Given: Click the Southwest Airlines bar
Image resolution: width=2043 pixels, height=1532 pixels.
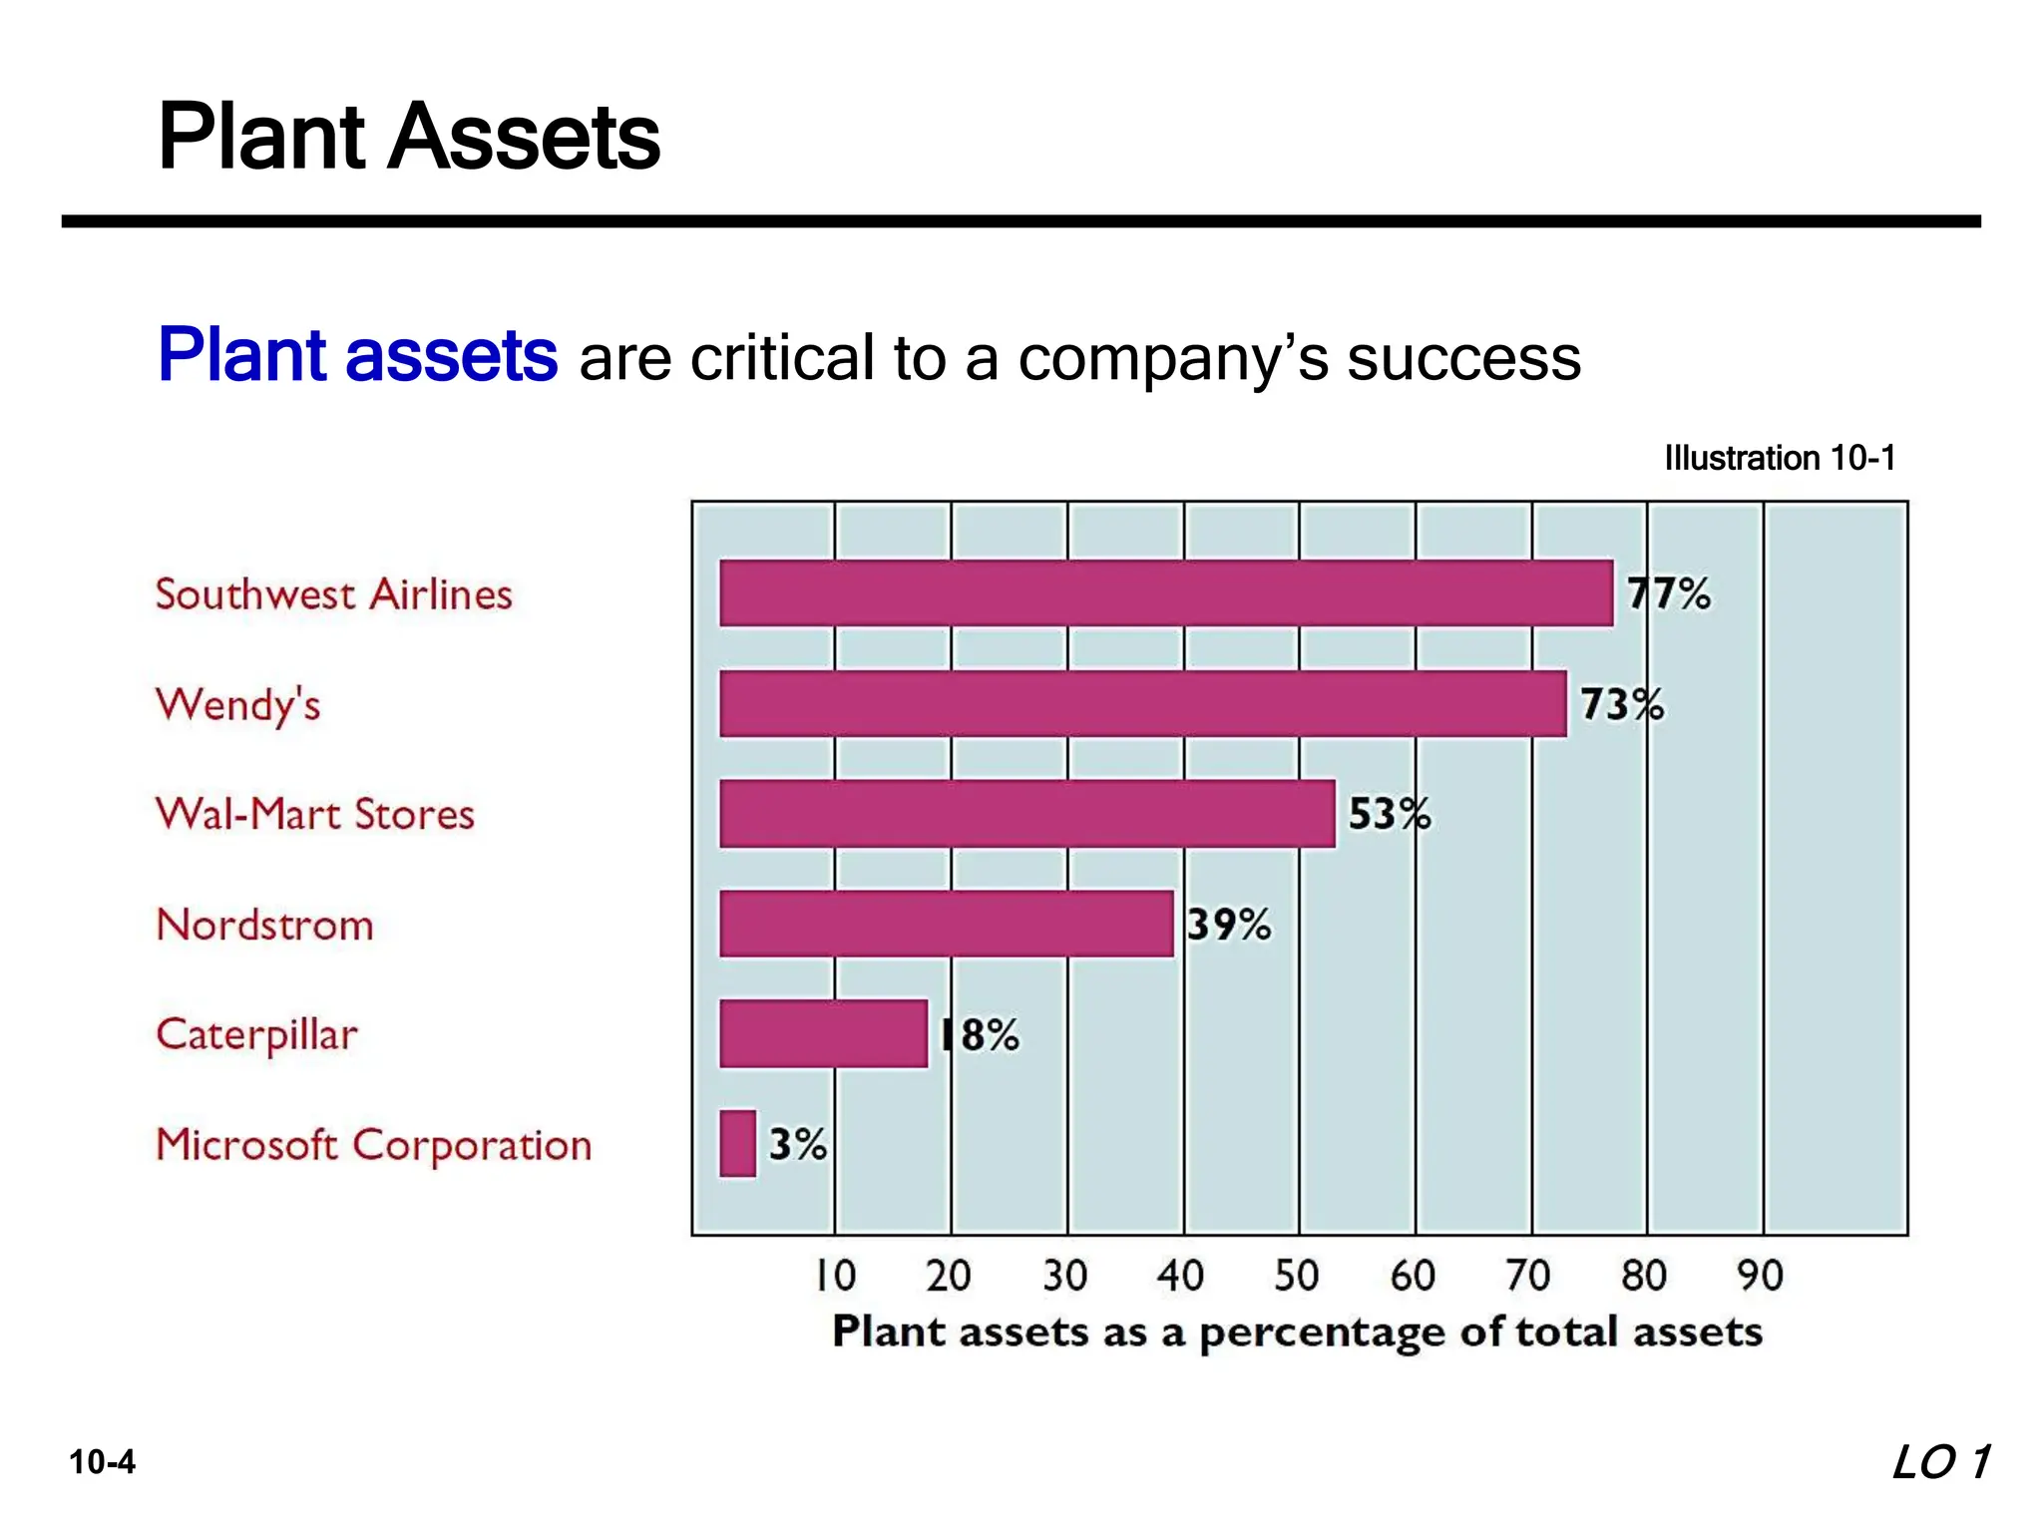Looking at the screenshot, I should pyautogui.click(x=1165, y=593).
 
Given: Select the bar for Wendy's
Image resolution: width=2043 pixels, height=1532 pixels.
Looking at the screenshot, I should pyautogui.click(x=1142, y=703).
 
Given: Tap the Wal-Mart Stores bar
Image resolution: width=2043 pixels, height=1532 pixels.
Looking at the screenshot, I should pyautogui.click(x=1026, y=814).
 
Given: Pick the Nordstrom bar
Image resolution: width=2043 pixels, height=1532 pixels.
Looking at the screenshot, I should pyautogui.click(x=946, y=924).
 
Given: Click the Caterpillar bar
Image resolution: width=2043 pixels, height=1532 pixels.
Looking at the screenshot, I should pyautogui.click(x=823, y=1033).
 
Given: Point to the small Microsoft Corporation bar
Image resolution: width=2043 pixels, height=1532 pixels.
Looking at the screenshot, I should pyautogui.click(x=737, y=1143).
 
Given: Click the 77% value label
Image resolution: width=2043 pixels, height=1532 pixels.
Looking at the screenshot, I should pyautogui.click(x=1668, y=593).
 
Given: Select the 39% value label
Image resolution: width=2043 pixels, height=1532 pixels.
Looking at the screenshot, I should pyautogui.click(x=1229, y=925).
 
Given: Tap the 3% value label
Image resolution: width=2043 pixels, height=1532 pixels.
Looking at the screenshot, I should pyautogui.click(x=797, y=1143).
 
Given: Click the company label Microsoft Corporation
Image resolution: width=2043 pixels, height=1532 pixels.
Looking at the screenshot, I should pyautogui.click(x=374, y=1145).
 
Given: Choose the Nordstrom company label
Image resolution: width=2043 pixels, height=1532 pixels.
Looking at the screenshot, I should pyautogui.click(x=264, y=925).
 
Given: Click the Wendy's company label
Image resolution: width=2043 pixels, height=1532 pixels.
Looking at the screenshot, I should pyautogui.click(x=237, y=705).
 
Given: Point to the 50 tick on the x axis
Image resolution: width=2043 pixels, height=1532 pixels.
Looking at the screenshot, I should pyautogui.click(x=1297, y=1276).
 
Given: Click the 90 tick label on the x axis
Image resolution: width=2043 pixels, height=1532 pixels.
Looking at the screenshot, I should pyautogui.click(x=1760, y=1276).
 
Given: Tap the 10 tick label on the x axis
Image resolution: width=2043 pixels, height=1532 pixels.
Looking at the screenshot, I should pyautogui.click(x=835, y=1276).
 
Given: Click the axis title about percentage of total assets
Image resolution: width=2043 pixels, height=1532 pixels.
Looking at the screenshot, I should pyautogui.click(x=1297, y=1333).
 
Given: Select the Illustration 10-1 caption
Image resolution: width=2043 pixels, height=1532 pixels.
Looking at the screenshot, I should pyautogui.click(x=1779, y=458).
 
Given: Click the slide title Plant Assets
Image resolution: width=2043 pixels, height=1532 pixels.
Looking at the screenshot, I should pyautogui.click(x=409, y=137).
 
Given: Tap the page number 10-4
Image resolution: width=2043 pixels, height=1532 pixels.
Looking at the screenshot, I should pyautogui.click(x=102, y=1462).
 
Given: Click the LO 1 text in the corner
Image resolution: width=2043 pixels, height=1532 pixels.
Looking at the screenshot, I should pyautogui.click(x=1940, y=1462).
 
